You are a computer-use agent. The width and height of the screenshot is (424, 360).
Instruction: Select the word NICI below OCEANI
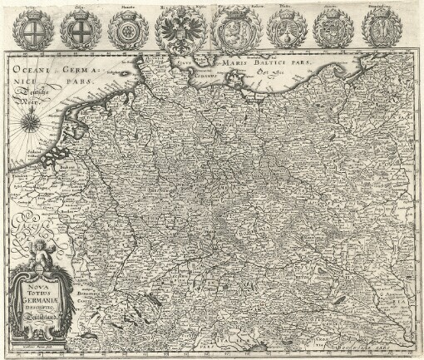coord(22,86)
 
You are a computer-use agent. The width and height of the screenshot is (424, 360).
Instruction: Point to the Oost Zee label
coord(269,73)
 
